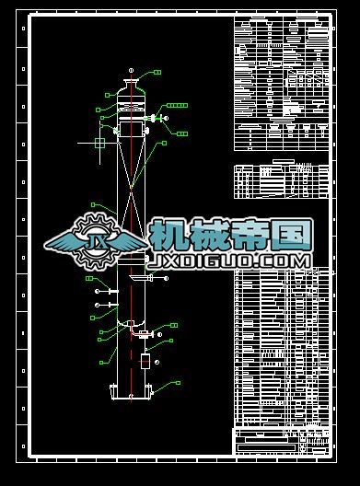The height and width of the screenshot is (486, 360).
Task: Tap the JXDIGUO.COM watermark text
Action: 230,261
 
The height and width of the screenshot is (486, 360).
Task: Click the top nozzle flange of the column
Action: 132,85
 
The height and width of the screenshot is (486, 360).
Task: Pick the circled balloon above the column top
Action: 132,70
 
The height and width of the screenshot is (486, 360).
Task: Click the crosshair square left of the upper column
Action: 100,142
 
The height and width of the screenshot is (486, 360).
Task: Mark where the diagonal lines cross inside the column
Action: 132,190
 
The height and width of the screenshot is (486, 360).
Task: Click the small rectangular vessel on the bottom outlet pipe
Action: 144,361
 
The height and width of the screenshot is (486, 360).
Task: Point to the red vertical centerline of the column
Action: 132,304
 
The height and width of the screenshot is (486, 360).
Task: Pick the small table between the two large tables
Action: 281,181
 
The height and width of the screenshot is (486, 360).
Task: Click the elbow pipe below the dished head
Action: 134,329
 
